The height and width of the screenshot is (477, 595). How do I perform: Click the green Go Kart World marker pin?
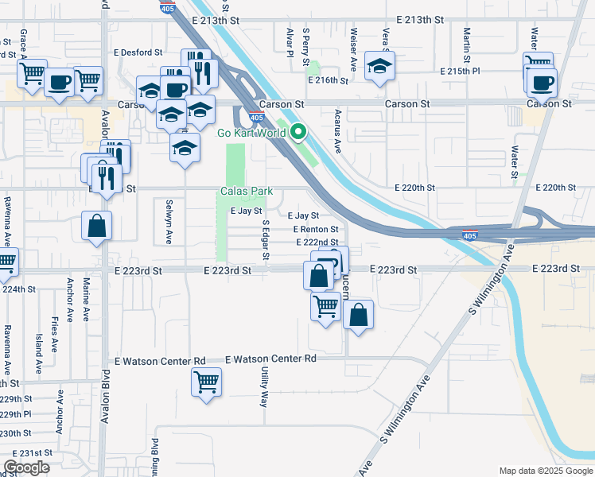[x=298, y=132]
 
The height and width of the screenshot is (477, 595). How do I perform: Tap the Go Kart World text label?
[x=251, y=133]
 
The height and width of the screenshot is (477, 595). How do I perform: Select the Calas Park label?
[x=247, y=192]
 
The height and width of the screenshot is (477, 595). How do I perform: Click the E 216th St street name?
[x=329, y=80]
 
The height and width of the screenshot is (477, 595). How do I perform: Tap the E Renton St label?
[x=316, y=229]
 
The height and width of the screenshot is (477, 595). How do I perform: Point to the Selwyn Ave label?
[x=169, y=212]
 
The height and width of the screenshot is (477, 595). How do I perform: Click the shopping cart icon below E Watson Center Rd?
[x=206, y=382]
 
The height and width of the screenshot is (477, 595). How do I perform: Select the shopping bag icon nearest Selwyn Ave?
[x=96, y=225]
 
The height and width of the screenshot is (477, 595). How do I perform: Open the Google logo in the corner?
[x=26, y=467]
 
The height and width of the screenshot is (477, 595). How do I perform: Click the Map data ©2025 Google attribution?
[x=545, y=471]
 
